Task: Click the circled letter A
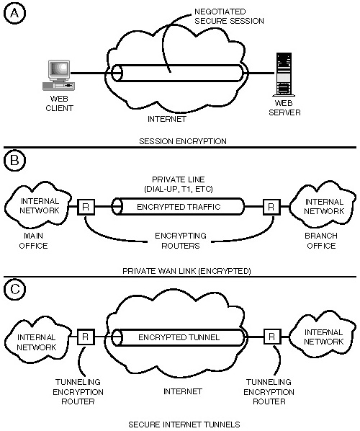tap(14, 14)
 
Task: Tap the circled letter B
tap(14, 160)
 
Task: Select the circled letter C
tap(14, 289)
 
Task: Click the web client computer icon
tap(59, 75)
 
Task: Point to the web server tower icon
tap(284, 74)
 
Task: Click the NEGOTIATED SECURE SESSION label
tap(229, 17)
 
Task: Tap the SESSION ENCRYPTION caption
tap(183, 141)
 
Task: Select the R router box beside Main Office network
tap(86, 207)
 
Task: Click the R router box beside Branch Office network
tap(271, 207)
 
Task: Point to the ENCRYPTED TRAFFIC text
tap(179, 207)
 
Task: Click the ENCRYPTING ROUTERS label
tap(181, 241)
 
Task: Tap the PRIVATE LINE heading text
tap(179, 179)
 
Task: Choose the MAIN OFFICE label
tap(33, 241)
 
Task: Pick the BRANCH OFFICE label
tap(321, 241)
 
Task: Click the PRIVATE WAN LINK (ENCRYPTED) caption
tap(186, 271)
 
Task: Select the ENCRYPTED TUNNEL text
tap(179, 337)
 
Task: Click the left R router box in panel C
tap(86, 337)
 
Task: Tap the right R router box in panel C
tap(272, 337)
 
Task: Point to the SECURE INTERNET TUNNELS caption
tap(184, 425)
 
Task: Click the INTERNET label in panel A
tap(167, 119)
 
